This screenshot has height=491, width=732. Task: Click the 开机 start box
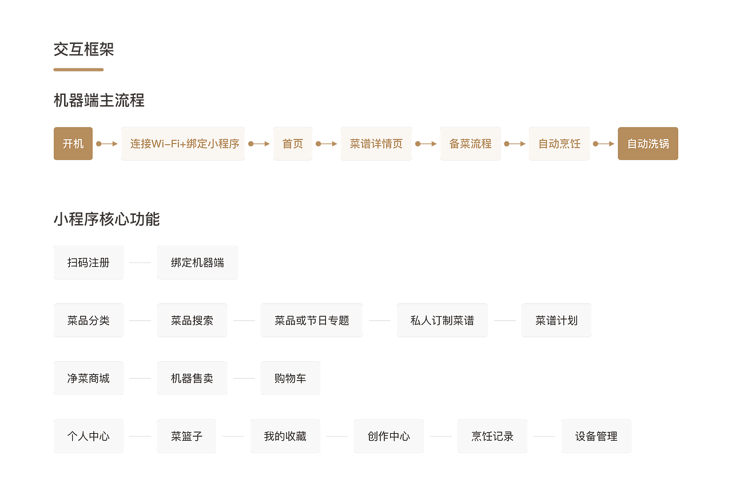(73, 143)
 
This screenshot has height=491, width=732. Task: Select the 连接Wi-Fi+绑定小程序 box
(183, 143)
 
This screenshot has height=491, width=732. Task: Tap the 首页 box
(293, 143)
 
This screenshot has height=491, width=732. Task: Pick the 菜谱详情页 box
(376, 143)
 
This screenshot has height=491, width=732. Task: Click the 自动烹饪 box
(559, 143)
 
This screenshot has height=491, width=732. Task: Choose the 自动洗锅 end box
(648, 143)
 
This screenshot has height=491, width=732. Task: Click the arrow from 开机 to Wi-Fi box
(107, 143)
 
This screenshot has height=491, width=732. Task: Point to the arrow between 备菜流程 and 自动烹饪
(515, 143)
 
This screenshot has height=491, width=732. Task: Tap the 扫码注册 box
(89, 262)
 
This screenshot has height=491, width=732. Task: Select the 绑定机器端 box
(197, 262)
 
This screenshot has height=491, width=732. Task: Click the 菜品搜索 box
(192, 320)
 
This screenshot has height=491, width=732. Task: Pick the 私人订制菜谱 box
(442, 320)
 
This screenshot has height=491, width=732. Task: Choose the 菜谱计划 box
(556, 320)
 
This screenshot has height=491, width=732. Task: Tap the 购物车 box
(291, 378)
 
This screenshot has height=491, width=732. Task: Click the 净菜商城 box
(89, 378)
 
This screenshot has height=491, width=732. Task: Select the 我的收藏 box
(285, 436)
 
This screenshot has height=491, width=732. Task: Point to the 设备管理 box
(596, 436)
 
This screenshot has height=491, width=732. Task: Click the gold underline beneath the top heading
(78, 70)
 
